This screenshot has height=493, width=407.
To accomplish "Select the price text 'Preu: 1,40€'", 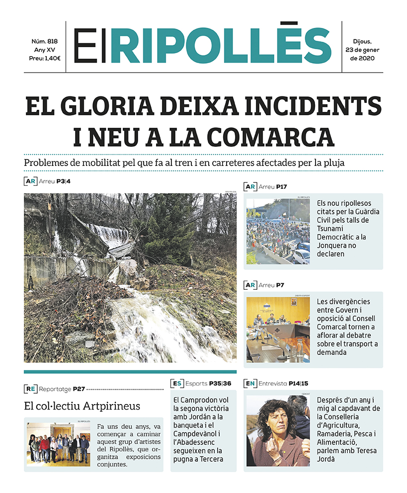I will [x=45, y=58].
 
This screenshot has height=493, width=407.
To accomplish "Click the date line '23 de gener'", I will [x=363, y=50].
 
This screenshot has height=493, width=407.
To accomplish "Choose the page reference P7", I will [x=280, y=285].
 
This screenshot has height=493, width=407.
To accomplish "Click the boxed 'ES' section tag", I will [x=177, y=383].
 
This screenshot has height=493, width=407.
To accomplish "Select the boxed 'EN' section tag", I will [x=250, y=383].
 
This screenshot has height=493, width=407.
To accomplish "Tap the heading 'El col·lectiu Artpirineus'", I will [x=82, y=406].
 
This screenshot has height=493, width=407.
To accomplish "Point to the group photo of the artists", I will [x=59, y=444].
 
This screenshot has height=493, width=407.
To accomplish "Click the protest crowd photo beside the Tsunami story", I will [x=278, y=232].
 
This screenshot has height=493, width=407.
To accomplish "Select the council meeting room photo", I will [x=278, y=329].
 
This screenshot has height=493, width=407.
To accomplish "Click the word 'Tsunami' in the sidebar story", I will [x=331, y=228].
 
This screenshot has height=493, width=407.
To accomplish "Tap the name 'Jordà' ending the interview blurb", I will [x=327, y=459].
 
